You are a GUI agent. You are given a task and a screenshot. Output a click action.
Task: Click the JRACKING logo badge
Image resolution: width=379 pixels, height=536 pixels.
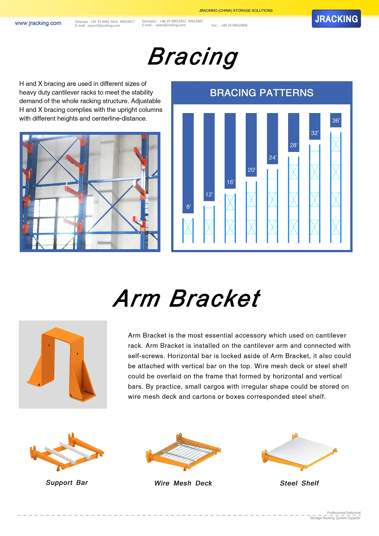336,19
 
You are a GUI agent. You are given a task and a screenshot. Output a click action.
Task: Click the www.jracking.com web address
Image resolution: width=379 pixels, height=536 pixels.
38,23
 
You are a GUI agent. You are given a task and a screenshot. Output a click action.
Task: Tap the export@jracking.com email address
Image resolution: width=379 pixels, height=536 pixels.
104,26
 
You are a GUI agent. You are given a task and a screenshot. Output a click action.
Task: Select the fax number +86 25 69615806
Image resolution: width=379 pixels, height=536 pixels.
234,25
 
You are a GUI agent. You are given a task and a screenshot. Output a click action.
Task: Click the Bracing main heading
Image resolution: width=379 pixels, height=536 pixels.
193,57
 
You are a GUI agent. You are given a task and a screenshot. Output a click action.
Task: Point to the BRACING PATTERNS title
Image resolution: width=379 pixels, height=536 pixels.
262,93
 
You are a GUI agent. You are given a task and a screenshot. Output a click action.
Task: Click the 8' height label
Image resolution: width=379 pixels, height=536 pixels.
188,207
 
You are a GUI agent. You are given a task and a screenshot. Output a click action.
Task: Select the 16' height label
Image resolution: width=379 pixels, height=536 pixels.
230,182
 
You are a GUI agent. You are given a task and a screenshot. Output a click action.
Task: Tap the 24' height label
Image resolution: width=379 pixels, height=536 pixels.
272,158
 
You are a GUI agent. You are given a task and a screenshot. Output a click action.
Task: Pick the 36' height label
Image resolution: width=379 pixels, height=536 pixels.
336,121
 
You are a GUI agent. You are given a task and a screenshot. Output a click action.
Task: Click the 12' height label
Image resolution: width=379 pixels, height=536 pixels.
209,195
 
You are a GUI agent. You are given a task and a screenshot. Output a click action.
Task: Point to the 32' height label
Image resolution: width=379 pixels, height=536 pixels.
315,133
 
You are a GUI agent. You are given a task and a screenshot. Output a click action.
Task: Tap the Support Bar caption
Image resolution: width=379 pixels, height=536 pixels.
67,483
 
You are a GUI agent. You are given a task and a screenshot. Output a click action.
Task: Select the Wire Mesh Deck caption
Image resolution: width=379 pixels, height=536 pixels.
183,483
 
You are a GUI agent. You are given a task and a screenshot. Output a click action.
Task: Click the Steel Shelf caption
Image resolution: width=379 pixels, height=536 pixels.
299,483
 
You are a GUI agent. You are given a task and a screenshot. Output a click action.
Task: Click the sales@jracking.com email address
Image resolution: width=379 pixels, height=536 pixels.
171,25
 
